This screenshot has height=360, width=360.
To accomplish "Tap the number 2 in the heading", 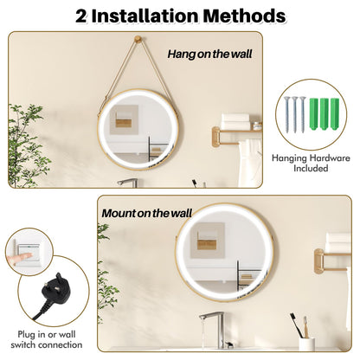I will pos(83,16).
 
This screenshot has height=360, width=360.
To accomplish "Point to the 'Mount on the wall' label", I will pos(147,212).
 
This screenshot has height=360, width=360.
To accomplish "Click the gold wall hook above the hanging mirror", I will pos(139,42).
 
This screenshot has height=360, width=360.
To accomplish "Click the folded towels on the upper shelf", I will pos(236,120).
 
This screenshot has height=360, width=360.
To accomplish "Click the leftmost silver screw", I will pos(286,113).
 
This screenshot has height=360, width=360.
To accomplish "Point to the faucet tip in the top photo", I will pos(123,182).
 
